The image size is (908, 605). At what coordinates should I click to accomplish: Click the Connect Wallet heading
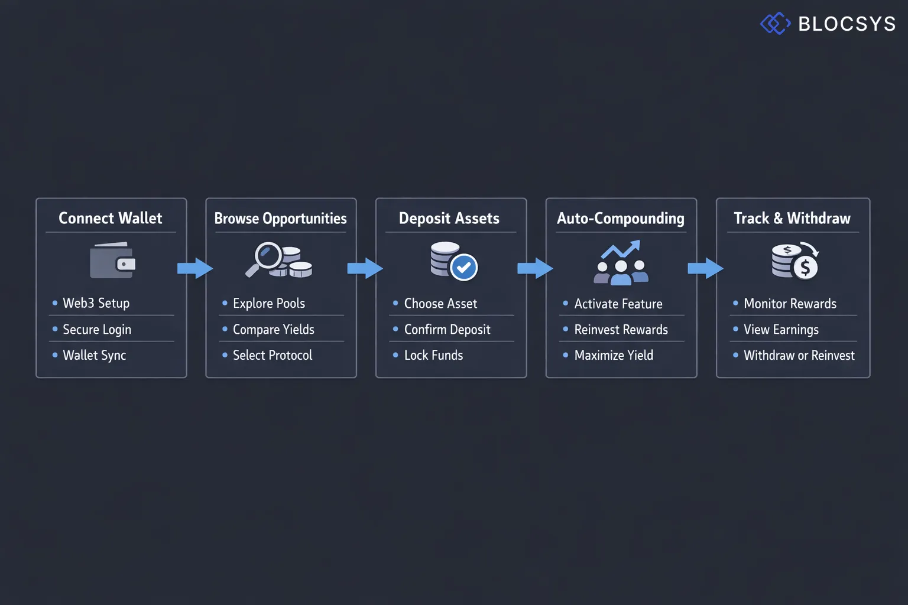111,218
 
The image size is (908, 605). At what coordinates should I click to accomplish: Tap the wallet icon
112,261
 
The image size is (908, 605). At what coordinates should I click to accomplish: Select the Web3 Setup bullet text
96,303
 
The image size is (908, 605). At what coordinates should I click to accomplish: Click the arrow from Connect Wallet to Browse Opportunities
195,268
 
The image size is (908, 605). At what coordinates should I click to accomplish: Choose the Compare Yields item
273,329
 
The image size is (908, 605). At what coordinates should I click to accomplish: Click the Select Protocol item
272,355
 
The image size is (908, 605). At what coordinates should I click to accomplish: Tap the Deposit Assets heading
449,218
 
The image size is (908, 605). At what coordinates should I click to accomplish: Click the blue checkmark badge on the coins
464,268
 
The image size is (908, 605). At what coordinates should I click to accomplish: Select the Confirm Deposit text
447,329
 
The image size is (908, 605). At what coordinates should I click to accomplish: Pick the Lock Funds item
433,355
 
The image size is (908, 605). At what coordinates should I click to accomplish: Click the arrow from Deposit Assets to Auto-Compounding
535,268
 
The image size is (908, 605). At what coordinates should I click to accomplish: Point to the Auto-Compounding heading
621,218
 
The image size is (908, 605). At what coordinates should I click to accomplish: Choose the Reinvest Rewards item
621,329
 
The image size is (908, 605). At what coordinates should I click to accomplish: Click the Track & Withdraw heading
792,218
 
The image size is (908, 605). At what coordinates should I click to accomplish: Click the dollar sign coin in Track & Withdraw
805,268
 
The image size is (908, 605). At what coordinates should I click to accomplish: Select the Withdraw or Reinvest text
799,355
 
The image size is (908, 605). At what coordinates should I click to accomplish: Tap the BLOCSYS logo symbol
775,24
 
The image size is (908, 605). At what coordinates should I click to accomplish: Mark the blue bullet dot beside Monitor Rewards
735,303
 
